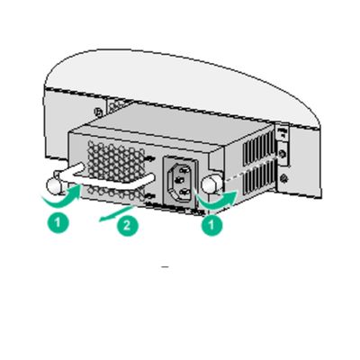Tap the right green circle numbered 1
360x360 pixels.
pyautogui.click(x=211, y=226)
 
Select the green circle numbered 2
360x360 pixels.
pyautogui.click(x=128, y=225)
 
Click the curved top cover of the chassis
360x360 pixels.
pyautogui.click(x=180, y=67)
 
